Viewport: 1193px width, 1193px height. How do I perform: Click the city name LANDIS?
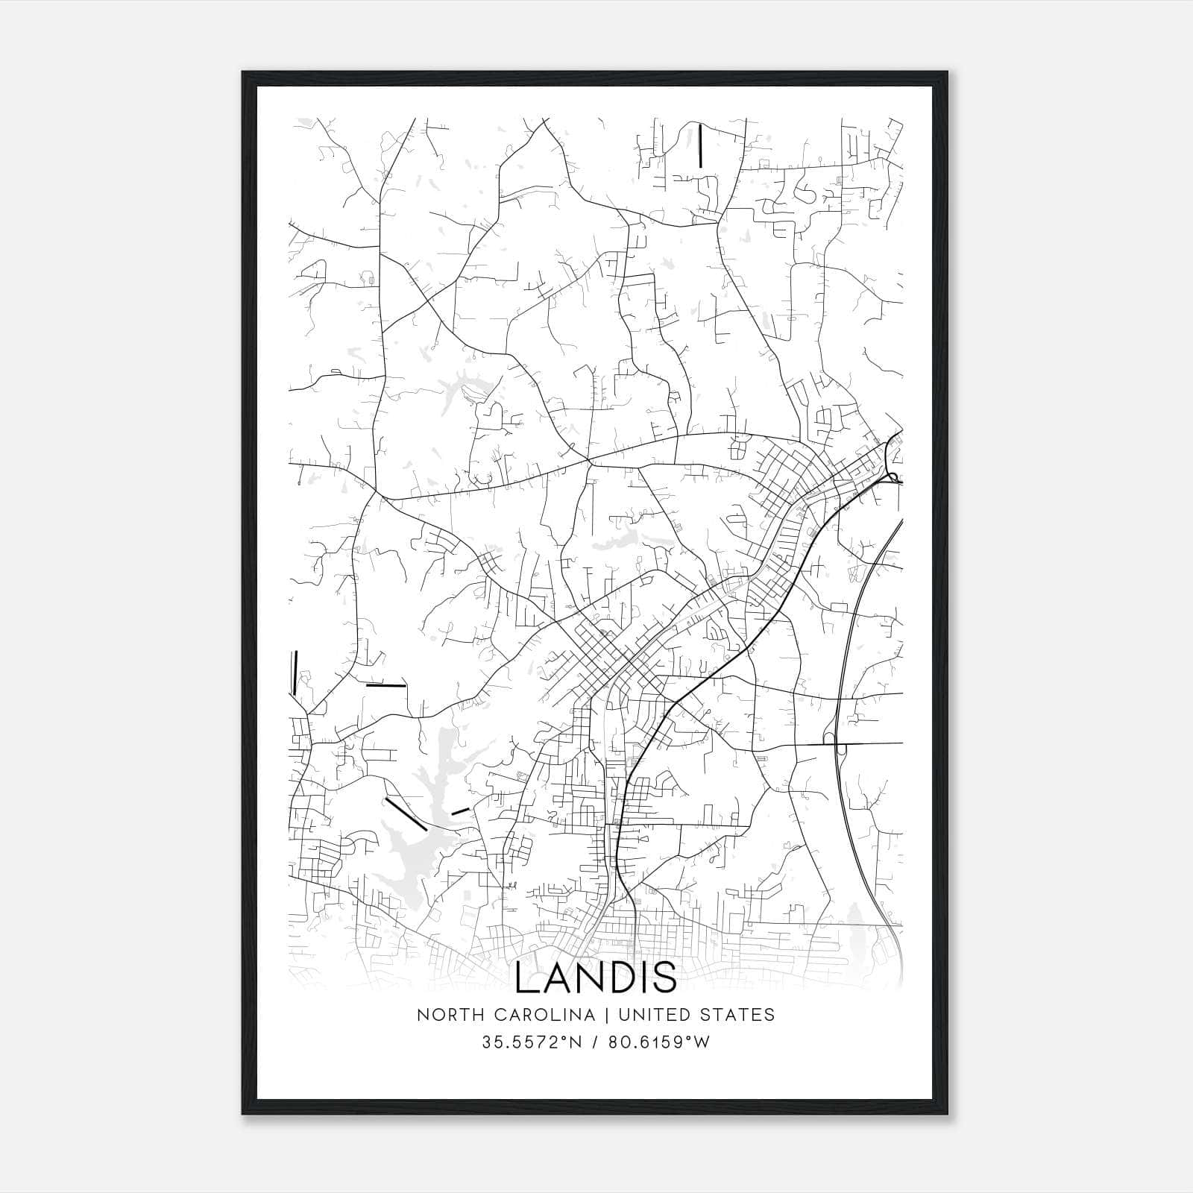pos(596,978)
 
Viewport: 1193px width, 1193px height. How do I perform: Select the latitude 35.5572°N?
pos(532,1042)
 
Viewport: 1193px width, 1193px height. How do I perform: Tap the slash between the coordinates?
pos(594,1042)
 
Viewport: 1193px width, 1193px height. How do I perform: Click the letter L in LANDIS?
pos(525,978)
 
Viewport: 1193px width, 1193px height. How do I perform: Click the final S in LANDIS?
pos(666,978)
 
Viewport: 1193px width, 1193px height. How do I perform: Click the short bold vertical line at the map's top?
pos(700,145)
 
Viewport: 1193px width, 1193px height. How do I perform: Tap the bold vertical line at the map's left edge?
pos(295,673)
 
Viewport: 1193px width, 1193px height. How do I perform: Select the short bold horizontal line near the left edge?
pos(385,684)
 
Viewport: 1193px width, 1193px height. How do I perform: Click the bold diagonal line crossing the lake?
pos(406,814)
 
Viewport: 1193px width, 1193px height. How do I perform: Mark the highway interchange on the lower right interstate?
pos(840,744)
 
